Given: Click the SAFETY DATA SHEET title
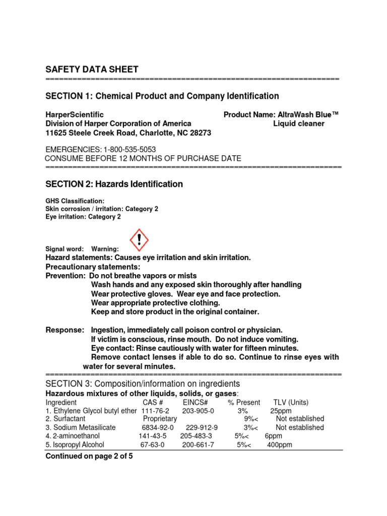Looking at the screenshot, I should [x=92, y=70].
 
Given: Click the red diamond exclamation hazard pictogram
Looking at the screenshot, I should [x=140, y=239].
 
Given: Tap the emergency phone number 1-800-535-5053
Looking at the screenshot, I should [x=130, y=150].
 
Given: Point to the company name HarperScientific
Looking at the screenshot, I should [x=75, y=114].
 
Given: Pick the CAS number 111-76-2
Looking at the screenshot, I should [x=155, y=411].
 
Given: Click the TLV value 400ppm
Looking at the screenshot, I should [x=279, y=445].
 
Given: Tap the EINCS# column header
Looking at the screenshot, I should [x=196, y=402].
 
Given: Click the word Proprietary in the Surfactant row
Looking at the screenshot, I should [x=160, y=419].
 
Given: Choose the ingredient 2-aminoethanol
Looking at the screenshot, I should [x=77, y=436].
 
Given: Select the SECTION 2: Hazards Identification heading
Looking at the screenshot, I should [x=114, y=184].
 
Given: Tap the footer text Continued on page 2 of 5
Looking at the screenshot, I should [x=89, y=456].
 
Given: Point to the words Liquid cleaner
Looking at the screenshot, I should [x=299, y=123].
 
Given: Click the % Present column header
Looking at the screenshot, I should [x=244, y=402].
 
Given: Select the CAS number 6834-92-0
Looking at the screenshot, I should [x=158, y=427].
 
